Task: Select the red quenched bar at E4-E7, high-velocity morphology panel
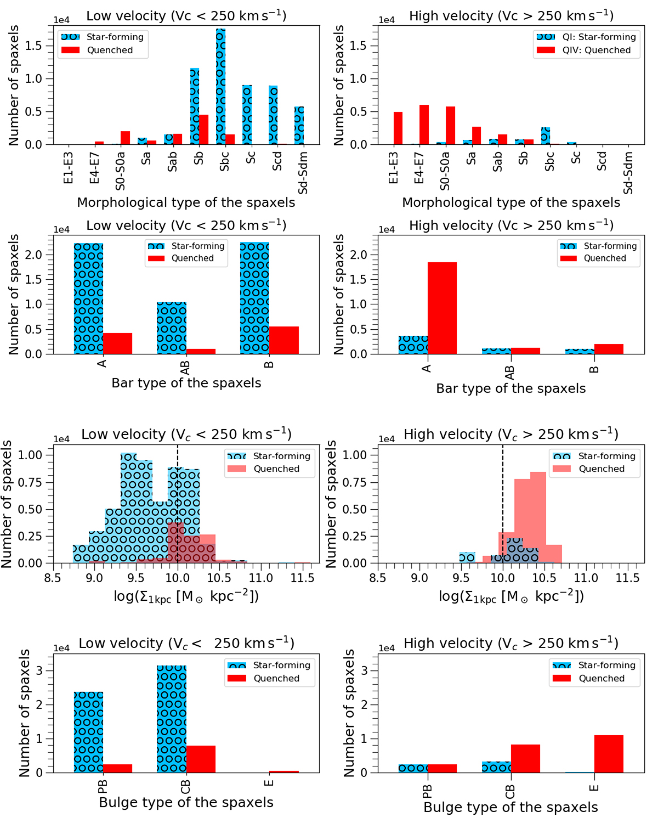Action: [x=424, y=125]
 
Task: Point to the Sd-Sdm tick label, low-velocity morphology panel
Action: [x=303, y=173]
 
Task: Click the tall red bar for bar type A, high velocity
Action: [x=442, y=308]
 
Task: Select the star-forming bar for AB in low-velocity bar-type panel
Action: [x=172, y=328]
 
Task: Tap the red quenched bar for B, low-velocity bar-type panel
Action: [x=284, y=340]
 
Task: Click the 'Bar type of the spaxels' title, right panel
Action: [x=510, y=388]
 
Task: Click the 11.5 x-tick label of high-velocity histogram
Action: [x=627, y=578]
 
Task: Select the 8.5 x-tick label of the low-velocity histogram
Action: [x=53, y=578]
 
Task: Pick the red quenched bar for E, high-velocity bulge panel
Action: [x=609, y=754]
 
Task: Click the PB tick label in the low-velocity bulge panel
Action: [x=103, y=786]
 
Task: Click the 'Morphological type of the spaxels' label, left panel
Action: [x=186, y=202]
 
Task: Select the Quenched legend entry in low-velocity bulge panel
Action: [x=276, y=679]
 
